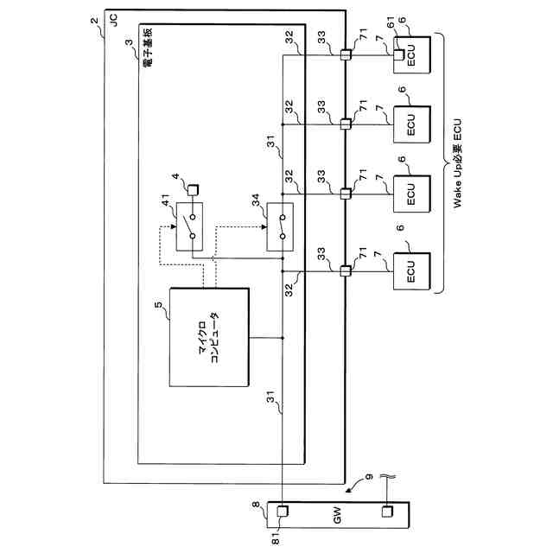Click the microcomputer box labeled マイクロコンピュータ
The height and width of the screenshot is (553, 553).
pos(213,337)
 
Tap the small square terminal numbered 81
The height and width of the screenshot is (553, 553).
pos(283,514)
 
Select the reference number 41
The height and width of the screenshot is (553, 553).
pos(165,204)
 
